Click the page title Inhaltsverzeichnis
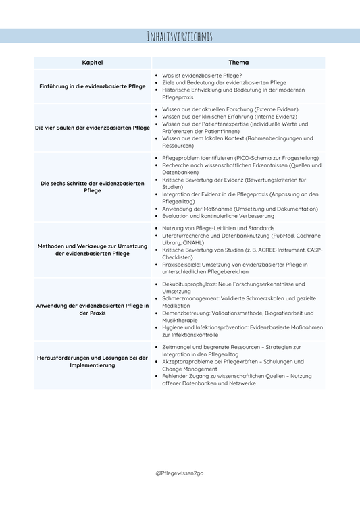pyautogui.click(x=180, y=36)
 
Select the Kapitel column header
pyautogui.click(x=92, y=62)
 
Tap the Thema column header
pyautogui.click(x=238, y=62)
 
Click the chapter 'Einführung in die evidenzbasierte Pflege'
pyautogui.click(x=92, y=86)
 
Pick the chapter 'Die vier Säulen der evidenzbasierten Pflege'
pyautogui.click(x=92, y=127)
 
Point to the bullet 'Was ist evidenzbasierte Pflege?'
pyautogui.click(x=202, y=75)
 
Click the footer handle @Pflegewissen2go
pyautogui.click(x=180, y=473)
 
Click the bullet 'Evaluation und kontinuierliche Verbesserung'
pyautogui.click(x=218, y=216)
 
